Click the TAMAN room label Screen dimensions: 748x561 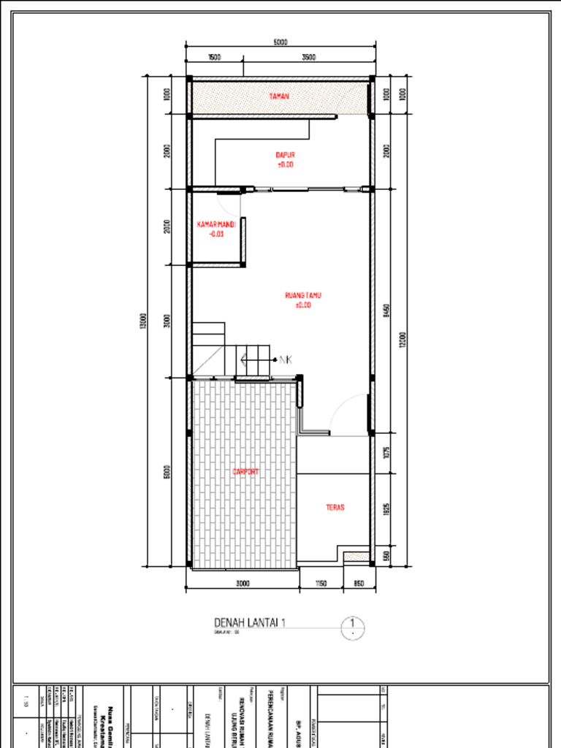click(278, 96)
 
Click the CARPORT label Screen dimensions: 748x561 click(245, 472)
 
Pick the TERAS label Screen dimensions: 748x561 click(335, 507)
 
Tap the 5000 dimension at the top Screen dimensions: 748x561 click(280, 42)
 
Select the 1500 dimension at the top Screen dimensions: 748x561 click(214, 57)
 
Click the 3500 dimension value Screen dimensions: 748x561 click(309, 57)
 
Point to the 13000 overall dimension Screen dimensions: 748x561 click(143, 321)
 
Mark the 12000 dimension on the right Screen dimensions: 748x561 click(402, 341)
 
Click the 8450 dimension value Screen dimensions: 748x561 click(386, 310)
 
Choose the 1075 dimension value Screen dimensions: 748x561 click(386, 454)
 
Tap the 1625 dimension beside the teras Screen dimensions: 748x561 click(386, 510)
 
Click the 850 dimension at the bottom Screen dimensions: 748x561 click(359, 584)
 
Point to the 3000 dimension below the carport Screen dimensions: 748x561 click(243, 584)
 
